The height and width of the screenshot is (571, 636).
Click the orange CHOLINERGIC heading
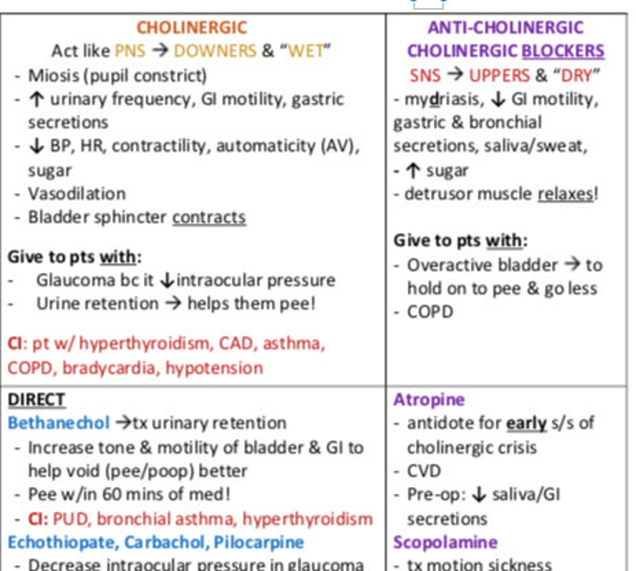(192, 28)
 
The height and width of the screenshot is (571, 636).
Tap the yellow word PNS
(130, 51)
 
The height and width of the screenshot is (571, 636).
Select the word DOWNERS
(215, 51)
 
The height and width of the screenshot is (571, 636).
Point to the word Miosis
(53, 75)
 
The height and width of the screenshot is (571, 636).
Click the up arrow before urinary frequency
(36, 99)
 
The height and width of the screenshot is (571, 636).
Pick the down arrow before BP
(36, 146)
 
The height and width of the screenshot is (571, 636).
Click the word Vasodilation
(77, 194)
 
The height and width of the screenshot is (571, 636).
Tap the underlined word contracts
(209, 217)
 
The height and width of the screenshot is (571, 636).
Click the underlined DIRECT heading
(36, 400)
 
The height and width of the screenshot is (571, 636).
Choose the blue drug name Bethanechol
(58, 423)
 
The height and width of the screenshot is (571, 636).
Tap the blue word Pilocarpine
(258, 542)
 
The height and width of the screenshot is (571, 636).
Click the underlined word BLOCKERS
(563, 51)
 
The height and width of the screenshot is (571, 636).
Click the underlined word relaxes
(565, 194)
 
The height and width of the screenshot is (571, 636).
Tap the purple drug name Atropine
(429, 399)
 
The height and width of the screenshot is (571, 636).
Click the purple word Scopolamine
(445, 542)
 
